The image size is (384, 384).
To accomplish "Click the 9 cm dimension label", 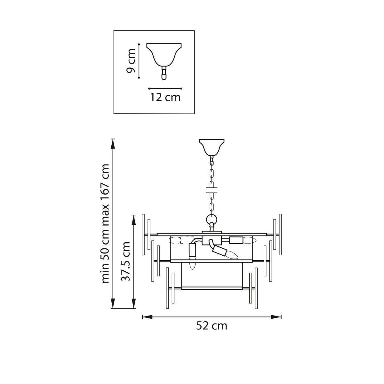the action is coord(131,61).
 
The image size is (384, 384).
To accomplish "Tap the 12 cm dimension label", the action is coord(165,98).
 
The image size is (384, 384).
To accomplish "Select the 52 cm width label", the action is coord(212,326).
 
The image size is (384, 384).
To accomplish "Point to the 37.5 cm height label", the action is coord(126,261).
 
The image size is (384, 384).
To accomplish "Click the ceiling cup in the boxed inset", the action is coord(164,55).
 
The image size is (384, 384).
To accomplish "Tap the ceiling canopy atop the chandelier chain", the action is coord(212,147).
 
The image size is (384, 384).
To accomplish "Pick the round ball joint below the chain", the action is coord(212,220).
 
